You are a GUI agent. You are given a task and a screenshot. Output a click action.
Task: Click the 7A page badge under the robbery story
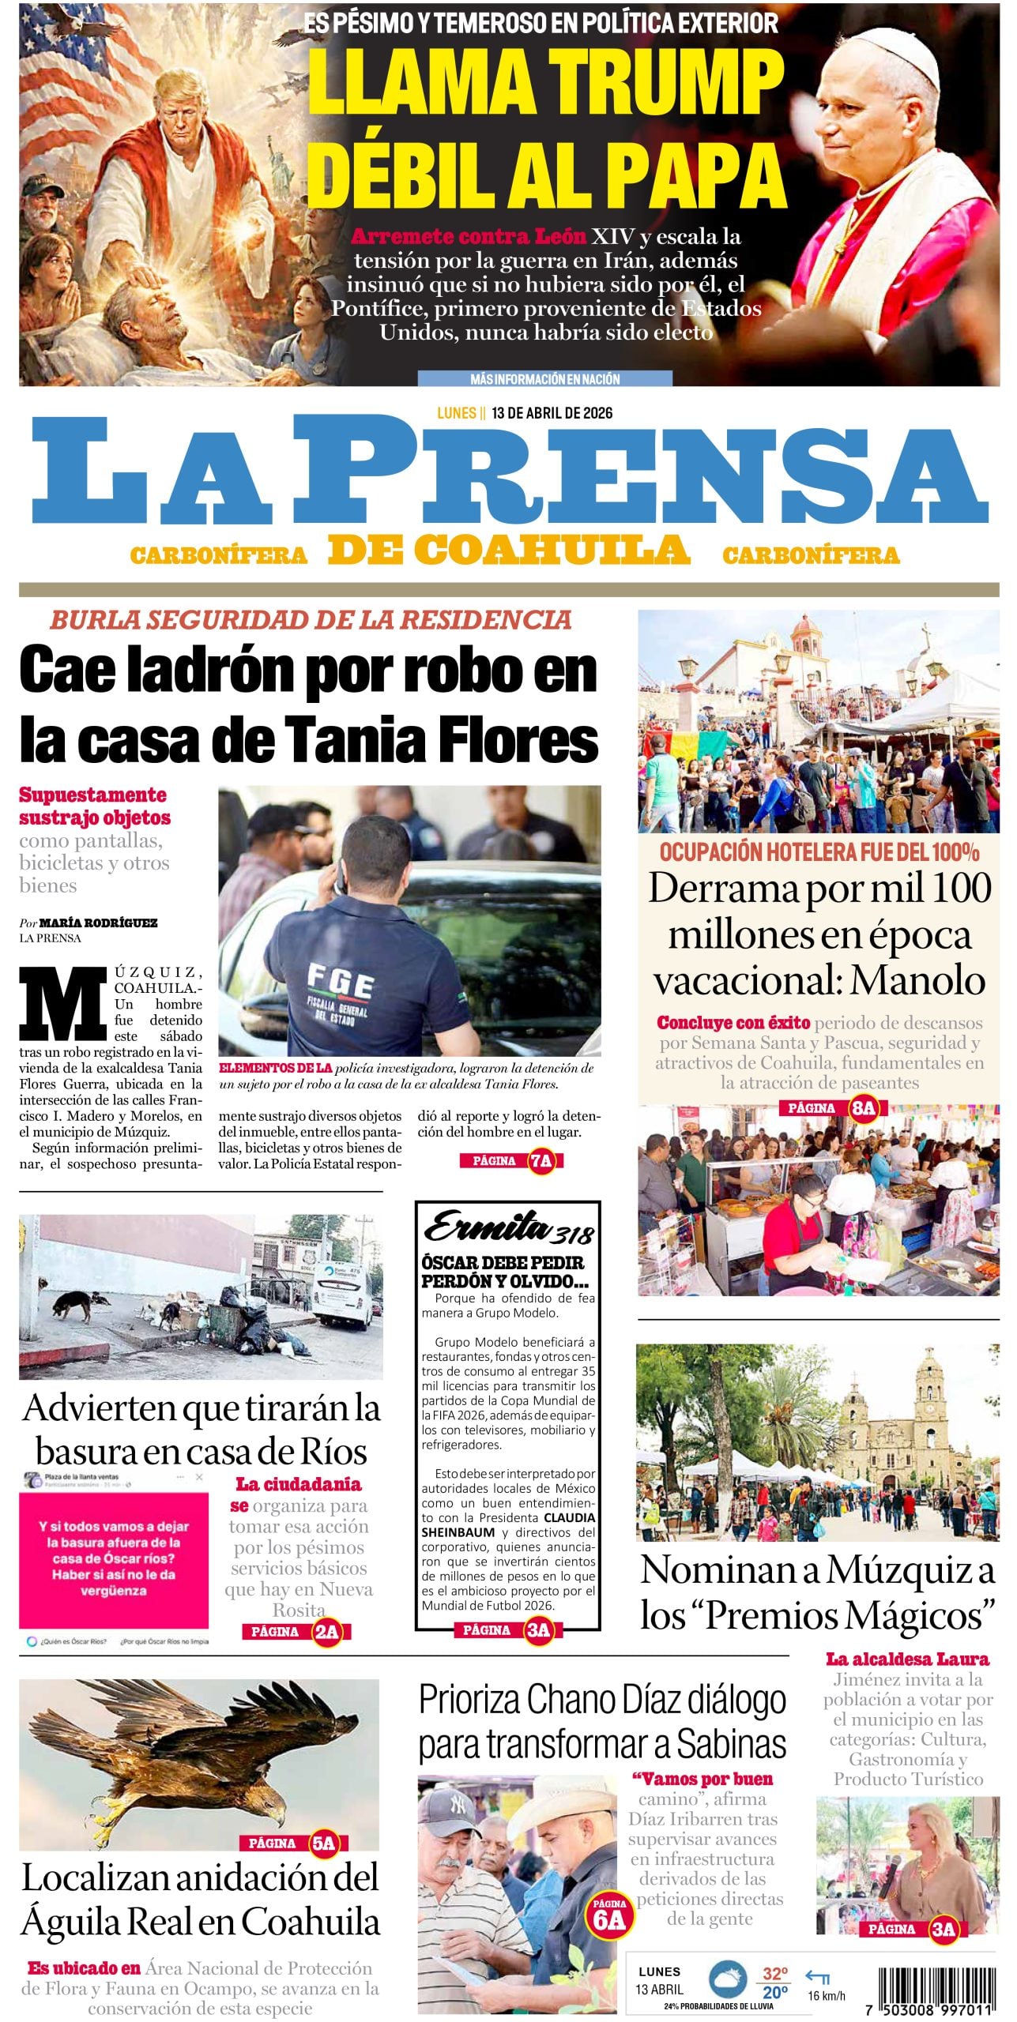[541, 1161]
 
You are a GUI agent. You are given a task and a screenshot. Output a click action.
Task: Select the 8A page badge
[863, 1108]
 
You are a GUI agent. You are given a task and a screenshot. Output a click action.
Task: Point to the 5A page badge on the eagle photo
[324, 1843]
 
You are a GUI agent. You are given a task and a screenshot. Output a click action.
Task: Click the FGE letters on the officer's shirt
[341, 986]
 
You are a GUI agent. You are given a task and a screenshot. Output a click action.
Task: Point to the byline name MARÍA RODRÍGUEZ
[98, 923]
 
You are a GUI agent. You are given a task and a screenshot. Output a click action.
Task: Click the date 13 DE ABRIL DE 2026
[552, 413]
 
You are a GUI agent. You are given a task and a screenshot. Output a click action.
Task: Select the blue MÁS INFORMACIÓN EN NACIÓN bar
[544, 379]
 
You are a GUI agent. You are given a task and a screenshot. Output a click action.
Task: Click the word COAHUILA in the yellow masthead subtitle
[552, 550]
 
